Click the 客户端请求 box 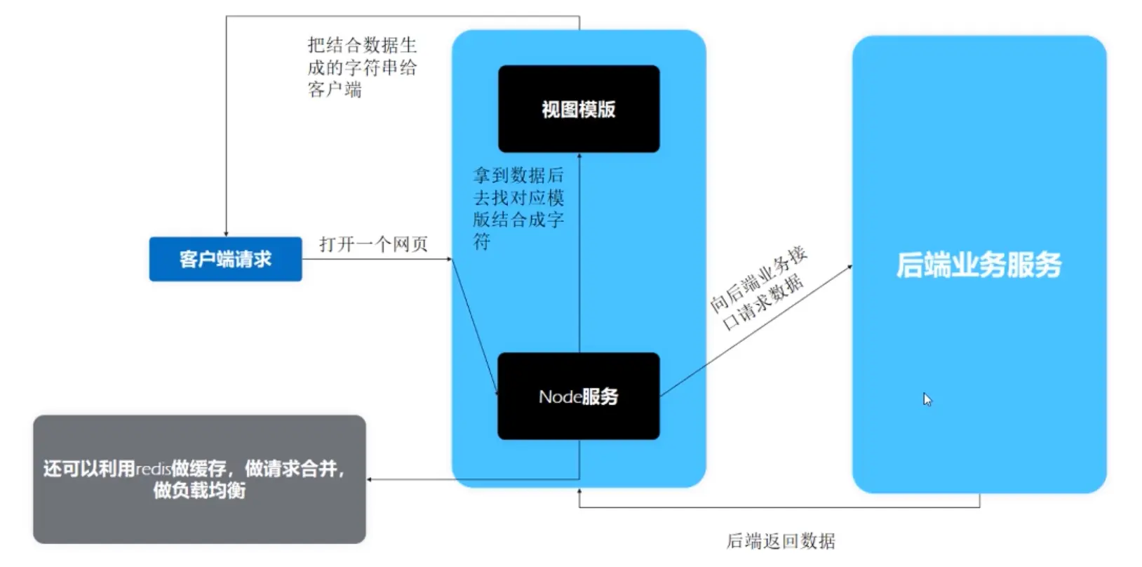pos(225,259)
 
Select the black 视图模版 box pos(579,109)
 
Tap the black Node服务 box pos(579,396)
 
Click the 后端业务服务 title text pos(979,265)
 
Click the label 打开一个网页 pos(373,244)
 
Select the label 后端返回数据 pos(781,541)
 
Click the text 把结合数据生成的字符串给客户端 pos(362,67)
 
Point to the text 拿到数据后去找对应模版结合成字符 pos(518,208)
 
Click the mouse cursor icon pos(927,399)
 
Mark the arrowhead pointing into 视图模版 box pos(579,156)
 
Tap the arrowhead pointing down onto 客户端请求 pos(226,234)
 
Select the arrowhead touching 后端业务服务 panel pos(849,267)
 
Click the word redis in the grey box pos(153,469)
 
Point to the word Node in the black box pos(559,397)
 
